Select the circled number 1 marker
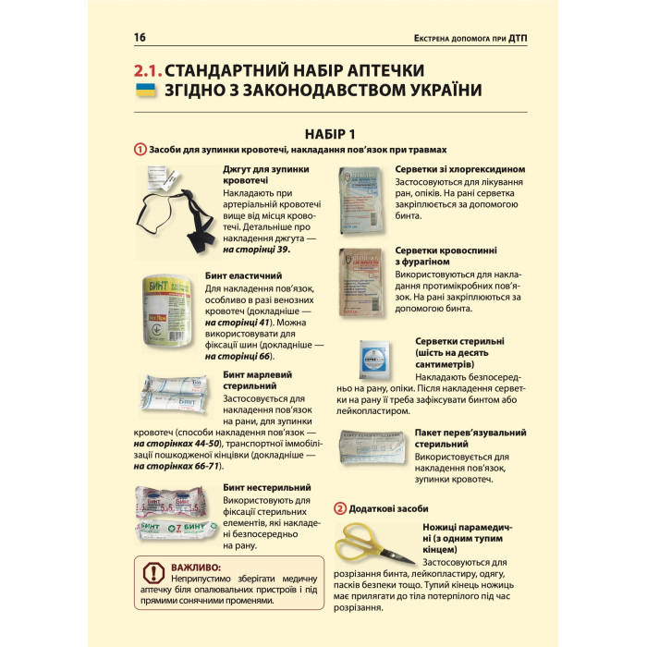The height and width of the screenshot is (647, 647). tap(140, 150)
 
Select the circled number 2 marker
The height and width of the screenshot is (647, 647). tap(340, 508)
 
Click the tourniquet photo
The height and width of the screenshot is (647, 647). tap(176, 208)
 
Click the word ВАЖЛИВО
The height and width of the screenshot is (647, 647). tap(196, 567)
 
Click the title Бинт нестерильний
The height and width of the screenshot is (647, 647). tap(266, 487)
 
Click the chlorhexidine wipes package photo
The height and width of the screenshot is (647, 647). tap(363, 197)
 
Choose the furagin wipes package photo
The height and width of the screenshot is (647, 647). tap(363, 278)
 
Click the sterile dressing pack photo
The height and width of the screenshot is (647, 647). tap(373, 448)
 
